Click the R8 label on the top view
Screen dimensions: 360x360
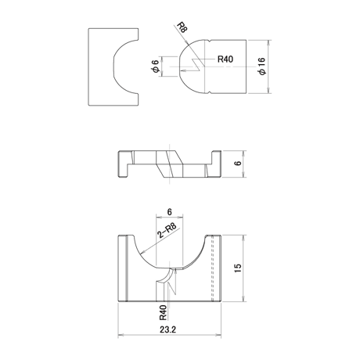182,27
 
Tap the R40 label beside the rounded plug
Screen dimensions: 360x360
225,59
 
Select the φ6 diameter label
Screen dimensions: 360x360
155,67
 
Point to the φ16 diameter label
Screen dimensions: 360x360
262,67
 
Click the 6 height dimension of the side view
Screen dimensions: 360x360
238,164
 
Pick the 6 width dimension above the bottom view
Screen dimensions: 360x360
170,212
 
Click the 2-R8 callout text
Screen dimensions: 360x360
167,230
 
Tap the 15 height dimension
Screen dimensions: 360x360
238,268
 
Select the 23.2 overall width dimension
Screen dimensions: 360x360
168,329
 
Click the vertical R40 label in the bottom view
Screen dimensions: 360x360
163,312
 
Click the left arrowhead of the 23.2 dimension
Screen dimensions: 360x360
121,335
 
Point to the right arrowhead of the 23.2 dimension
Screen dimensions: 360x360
218,335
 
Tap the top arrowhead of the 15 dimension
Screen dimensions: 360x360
243,237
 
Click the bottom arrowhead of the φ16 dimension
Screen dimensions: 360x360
268,91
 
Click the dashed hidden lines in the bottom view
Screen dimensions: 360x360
212,268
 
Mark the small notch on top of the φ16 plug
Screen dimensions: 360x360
211,41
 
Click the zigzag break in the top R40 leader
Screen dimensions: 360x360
196,64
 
